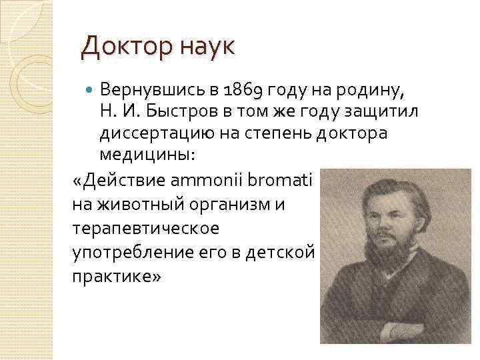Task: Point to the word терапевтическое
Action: coord(145,229)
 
